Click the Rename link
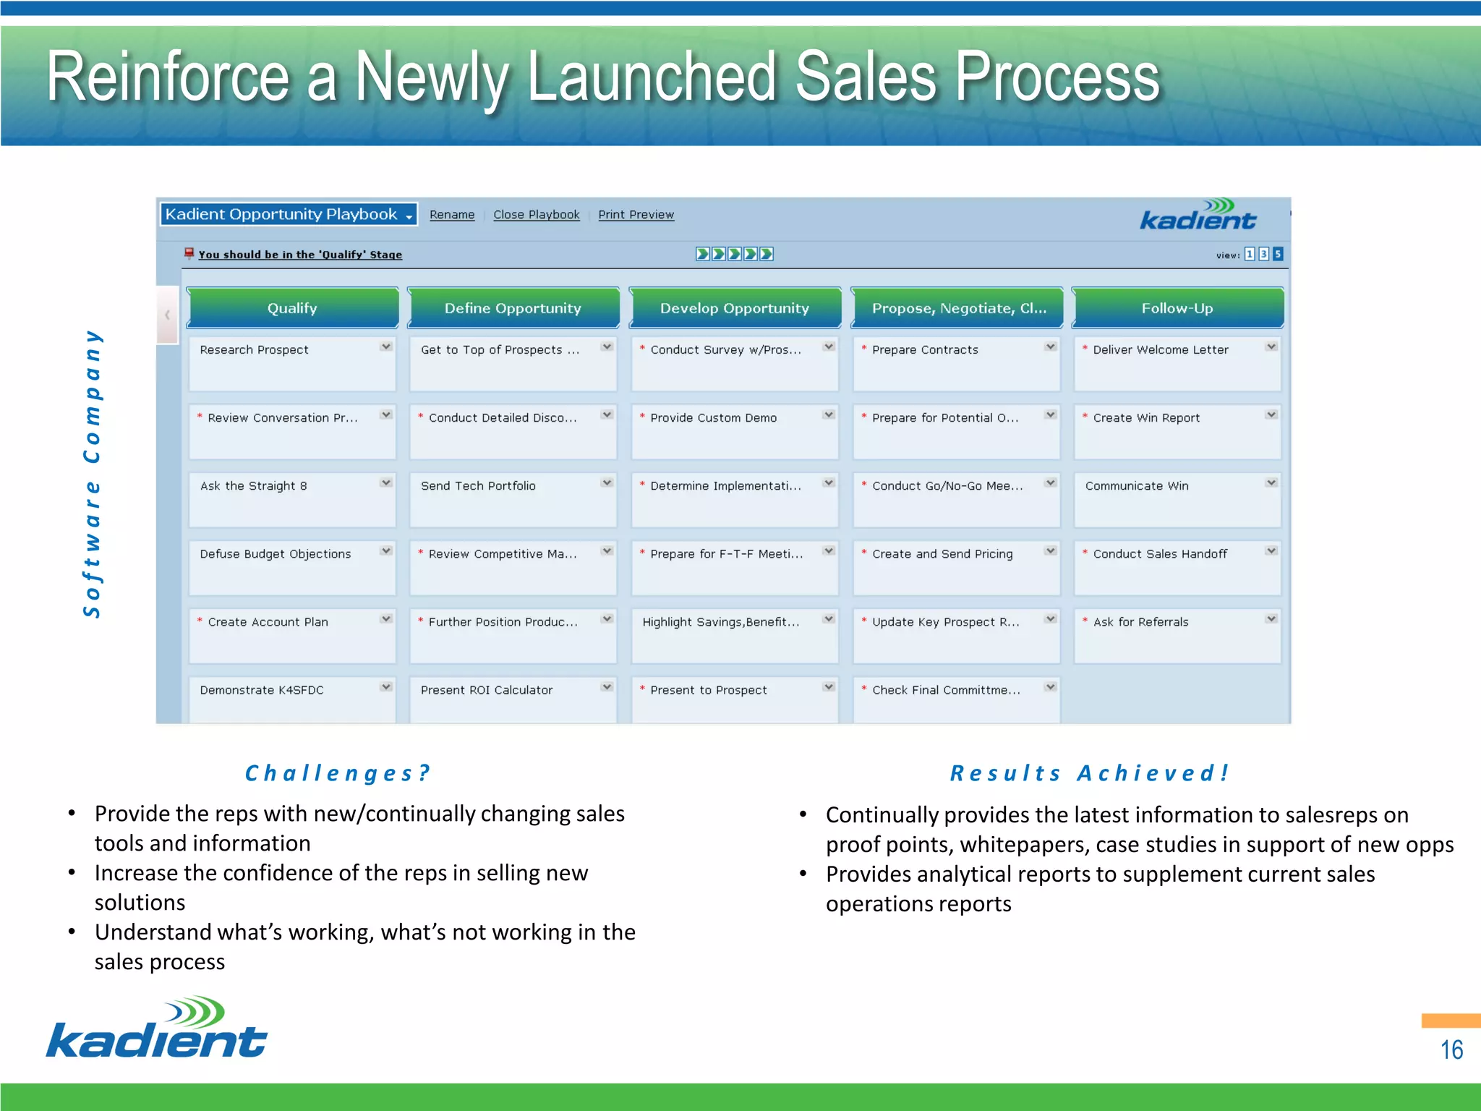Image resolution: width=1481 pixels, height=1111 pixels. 452,215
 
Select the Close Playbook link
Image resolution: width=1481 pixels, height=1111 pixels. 536,215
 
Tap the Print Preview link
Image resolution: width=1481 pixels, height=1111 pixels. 636,215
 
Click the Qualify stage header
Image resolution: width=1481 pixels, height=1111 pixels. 292,308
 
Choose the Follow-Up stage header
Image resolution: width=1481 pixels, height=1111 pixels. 1177,308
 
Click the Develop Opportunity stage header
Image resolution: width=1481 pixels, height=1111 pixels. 734,308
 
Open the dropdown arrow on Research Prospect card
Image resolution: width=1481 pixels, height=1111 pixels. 386,347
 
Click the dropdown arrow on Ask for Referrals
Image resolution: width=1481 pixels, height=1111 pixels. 1271,619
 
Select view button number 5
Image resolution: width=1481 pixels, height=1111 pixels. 1278,254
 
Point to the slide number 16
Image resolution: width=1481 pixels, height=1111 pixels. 1451,1050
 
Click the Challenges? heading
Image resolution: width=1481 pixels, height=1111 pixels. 338,773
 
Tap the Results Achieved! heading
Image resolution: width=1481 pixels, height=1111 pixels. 1090,773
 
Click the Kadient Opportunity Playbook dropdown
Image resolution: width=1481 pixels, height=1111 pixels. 289,214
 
